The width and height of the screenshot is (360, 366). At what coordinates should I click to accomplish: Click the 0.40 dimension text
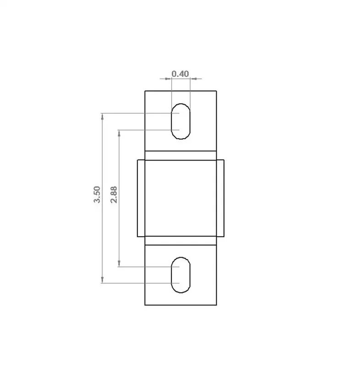click(180, 74)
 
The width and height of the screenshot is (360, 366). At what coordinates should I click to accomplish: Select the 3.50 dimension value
click(97, 194)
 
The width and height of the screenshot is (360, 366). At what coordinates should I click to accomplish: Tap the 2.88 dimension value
click(114, 195)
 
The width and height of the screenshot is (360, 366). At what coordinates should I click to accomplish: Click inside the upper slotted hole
click(180, 121)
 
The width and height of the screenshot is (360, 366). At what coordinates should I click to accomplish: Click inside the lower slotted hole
click(180, 275)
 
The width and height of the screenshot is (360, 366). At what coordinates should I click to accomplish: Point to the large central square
click(180, 198)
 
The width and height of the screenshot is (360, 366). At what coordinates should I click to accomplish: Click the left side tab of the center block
click(141, 198)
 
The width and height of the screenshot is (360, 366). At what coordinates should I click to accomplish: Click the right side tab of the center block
click(220, 198)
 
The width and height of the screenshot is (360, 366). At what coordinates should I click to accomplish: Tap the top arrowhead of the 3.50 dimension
click(102, 116)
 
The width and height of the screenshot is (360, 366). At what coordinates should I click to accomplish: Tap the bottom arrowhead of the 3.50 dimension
click(102, 280)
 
